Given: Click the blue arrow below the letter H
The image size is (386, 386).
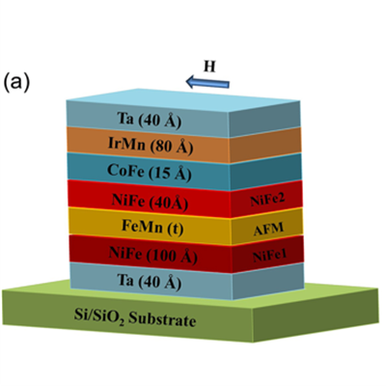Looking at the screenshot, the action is pyautogui.click(x=207, y=82).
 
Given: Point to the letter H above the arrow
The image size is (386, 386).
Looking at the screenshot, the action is pyautogui.click(x=209, y=67).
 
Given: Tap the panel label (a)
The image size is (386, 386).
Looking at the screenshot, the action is pyautogui.click(x=16, y=83).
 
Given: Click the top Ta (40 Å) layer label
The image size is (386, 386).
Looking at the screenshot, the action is pyautogui.click(x=150, y=121).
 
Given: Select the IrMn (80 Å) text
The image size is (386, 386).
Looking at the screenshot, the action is pyautogui.click(x=151, y=146).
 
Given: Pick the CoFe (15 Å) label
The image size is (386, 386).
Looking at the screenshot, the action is pyautogui.click(x=150, y=172).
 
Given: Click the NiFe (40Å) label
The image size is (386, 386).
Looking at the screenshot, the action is pyautogui.click(x=150, y=202).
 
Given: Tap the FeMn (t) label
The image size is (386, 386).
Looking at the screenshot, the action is pyautogui.click(x=152, y=228).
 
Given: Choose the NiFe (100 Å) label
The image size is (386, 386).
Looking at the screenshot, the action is pyautogui.click(x=153, y=255).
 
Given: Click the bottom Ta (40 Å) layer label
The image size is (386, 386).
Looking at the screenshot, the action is pyautogui.click(x=150, y=282).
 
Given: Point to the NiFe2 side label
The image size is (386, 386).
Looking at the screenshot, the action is pyautogui.click(x=267, y=200).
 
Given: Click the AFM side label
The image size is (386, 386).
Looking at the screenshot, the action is pyautogui.click(x=268, y=229).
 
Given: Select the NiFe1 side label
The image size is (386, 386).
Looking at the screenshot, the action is pyautogui.click(x=269, y=256).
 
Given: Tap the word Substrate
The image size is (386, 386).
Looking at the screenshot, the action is pyautogui.click(x=162, y=319).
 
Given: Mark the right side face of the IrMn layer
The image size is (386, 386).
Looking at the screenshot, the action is pyautogui.click(x=265, y=145).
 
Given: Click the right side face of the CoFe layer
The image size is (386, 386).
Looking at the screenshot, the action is pyautogui.click(x=265, y=172).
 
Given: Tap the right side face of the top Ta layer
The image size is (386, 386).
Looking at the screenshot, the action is pyautogui.click(x=264, y=119).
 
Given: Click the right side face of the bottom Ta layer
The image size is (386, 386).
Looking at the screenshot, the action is pyautogui.click(x=268, y=282).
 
